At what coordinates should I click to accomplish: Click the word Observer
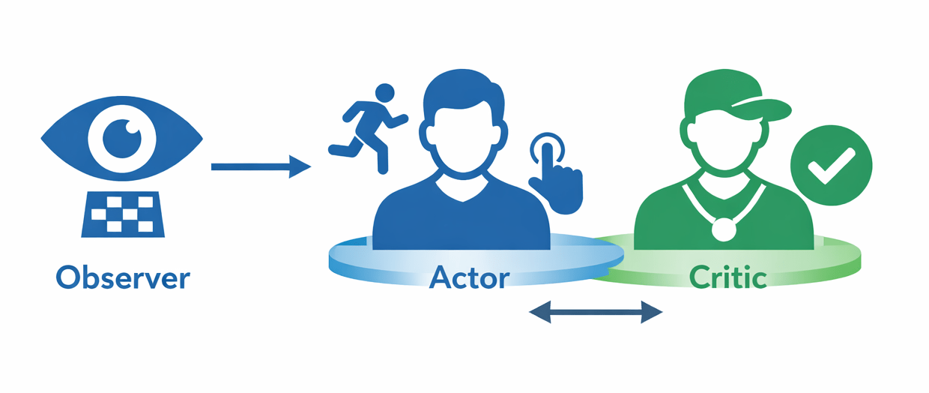[123, 278]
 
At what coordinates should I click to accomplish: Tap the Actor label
[470, 277]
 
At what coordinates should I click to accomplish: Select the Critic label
[728, 277]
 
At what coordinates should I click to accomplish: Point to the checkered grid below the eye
[122, 213]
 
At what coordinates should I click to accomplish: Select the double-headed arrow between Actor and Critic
[596, 311]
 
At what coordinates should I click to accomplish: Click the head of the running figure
[384, 94]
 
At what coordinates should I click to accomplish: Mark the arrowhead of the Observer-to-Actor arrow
[300, 166]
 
